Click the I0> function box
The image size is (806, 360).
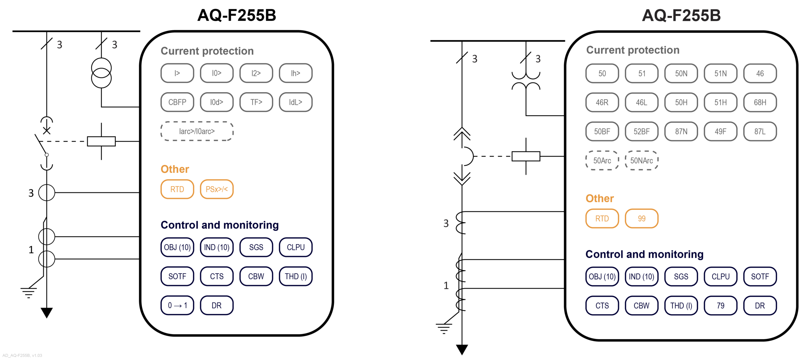[x=216, y=73]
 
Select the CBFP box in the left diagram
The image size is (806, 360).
[x=177, y=102]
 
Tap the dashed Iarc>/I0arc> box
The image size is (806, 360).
[x=197, y=131]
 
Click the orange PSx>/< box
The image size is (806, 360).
[x=216, y=189]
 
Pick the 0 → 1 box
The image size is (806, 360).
[x=177, y=305]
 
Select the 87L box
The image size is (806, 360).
[x=759, y=131]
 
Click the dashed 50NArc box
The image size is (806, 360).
[x=641, y=161]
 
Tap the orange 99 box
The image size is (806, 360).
[x=641, y=218]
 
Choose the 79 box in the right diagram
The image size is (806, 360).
[x=720, y=306]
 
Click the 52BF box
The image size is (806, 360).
[x=641, y=131]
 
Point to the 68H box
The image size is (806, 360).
[x=759, y=102]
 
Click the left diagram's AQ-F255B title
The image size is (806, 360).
[x=236, y=15]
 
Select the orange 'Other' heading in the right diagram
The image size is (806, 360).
[x=599, y=198]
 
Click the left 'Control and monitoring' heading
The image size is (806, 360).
[x=219, y=225]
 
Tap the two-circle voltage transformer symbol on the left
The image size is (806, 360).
[x=101, y=73]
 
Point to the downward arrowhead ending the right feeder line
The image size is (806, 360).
[x=462, y=349]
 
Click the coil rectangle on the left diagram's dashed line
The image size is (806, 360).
[x=101, y=141]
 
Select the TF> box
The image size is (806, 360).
[x=256, y=102]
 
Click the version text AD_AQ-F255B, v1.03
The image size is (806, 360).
[x=22, y=355]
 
